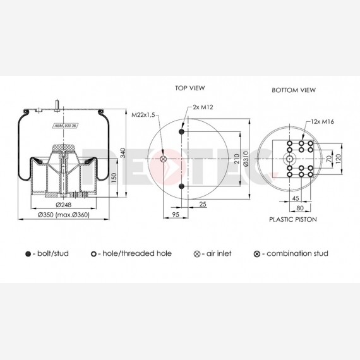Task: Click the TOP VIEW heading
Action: pos(190,88)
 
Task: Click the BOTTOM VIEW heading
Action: pos(294,90)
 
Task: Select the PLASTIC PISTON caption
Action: pos(293,220)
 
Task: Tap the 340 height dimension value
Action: pos(123,153)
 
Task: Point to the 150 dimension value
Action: pos(114,178)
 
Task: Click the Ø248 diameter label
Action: pos(63,205)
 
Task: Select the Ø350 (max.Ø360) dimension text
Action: pos(64,215)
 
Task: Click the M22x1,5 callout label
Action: pos(143,114)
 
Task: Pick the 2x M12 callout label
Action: pos(203,107)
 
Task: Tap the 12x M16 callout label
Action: pos(322,122)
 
